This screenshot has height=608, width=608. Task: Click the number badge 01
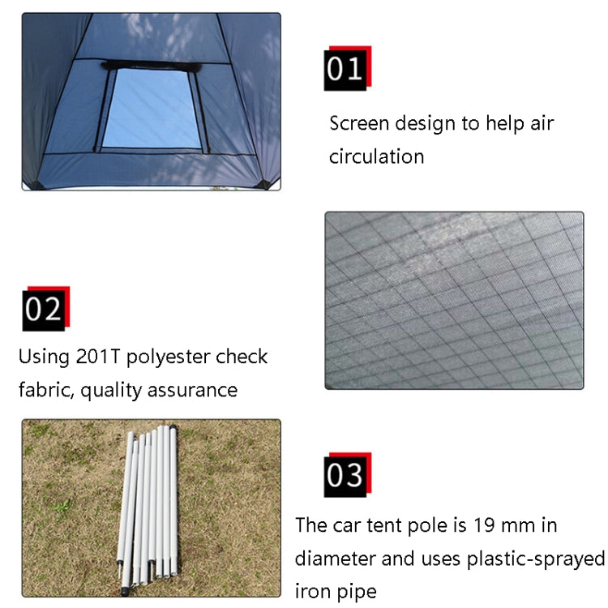click(x=345, y=69)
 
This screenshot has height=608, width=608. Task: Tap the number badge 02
click(x=44, y=310)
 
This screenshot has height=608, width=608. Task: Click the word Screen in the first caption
click(x=359, y=124)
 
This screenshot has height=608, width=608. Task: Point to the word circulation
click(x=376, y=156)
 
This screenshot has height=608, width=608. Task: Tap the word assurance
click(x=193, y=390)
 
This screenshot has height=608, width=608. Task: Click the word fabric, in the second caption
click(x=46, y=390)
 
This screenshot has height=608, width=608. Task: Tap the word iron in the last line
click(x=313, y=592)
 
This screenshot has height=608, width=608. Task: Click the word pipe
click(x=358, y=592)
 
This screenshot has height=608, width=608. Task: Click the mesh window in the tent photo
click(x=152, y=108)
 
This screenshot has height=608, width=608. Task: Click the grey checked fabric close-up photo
click(x=454, y=300)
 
